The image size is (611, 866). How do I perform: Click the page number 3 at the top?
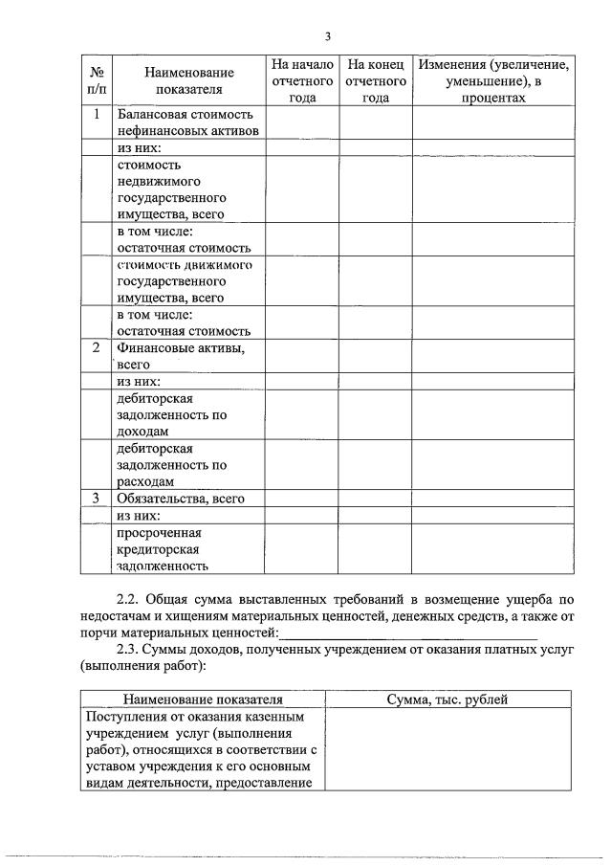click(327, 36)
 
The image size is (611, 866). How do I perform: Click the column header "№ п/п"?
click(97, 80)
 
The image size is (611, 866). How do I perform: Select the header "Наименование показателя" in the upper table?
click(188, 80)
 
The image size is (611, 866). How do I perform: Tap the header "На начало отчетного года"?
click(302, 80)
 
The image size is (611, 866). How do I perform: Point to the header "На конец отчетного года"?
click(376, 80)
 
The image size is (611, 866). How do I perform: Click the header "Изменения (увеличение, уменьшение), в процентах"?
click(493, 80)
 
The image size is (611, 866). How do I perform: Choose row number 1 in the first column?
click(97, 114)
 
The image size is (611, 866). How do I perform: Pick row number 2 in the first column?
click(97, 348)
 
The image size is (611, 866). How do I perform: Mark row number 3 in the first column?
click(97, 499)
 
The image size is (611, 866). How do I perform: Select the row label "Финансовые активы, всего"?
click(180, 356)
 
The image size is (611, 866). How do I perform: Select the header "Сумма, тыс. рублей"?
click(447, 699)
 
